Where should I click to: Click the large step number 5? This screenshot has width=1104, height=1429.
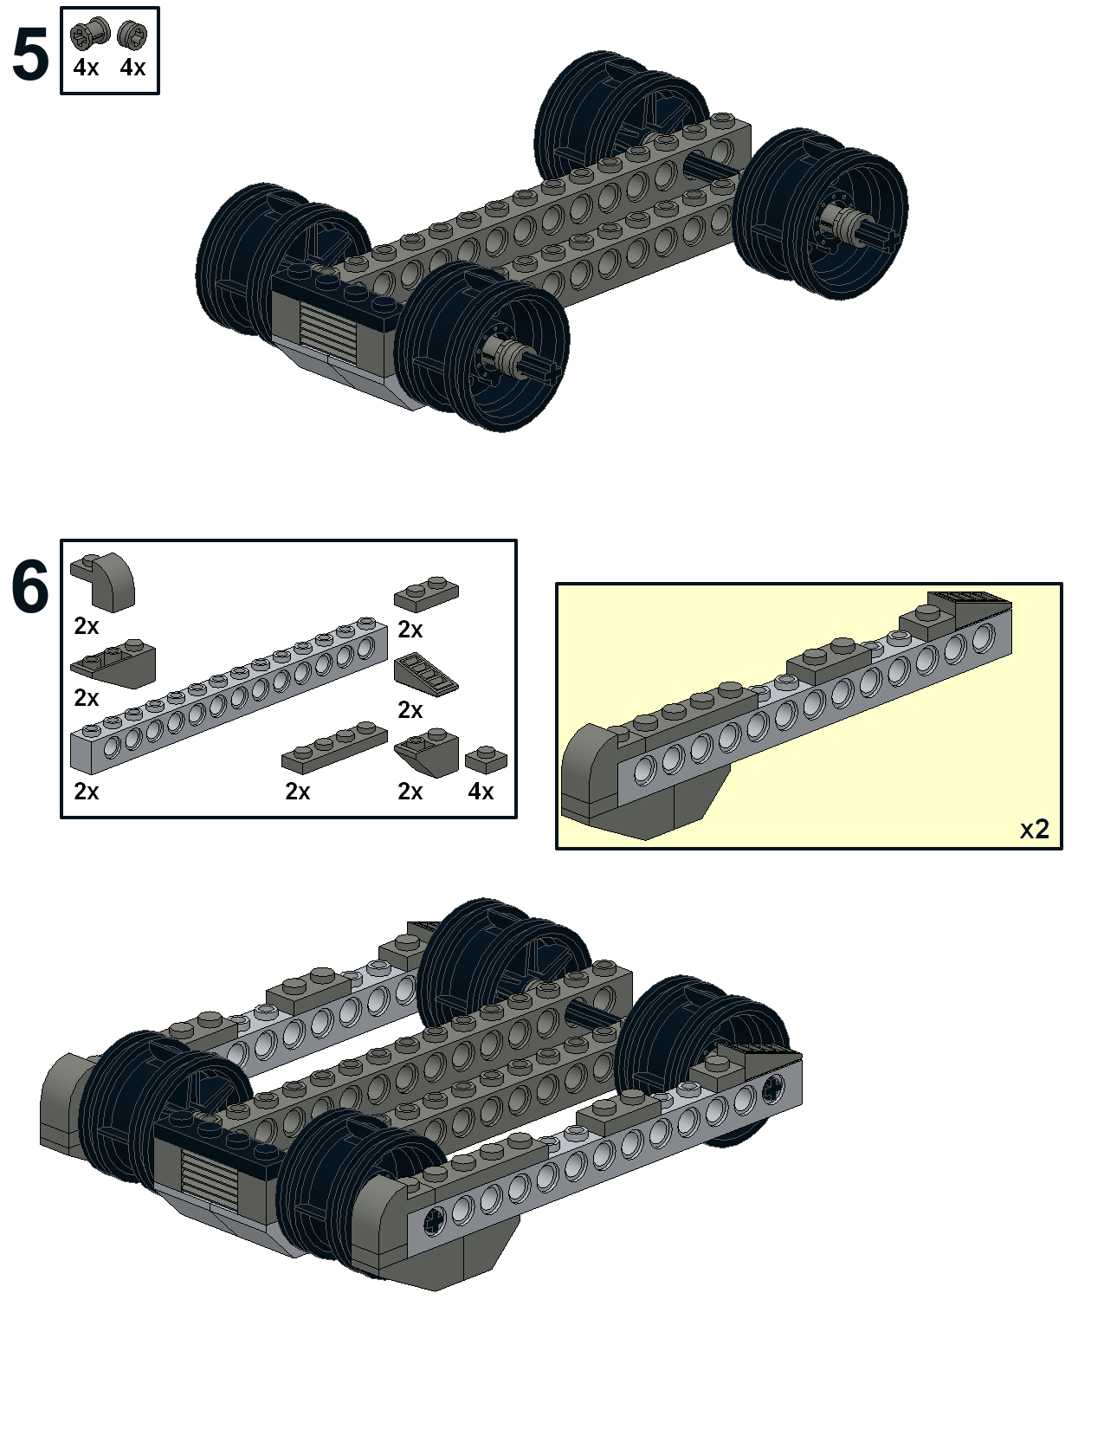pyautogui.click(x=30, y=55)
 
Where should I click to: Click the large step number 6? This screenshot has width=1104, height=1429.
pyautogui.click(x=30, y=586)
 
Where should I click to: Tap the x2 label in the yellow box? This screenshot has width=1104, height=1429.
pyautogui.click(x=1035, y=830)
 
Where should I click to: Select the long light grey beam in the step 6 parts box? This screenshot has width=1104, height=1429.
pyautogui.click(x=229, y=695)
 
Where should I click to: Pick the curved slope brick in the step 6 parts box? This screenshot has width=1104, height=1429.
pyautogui.click(x=102, y=582)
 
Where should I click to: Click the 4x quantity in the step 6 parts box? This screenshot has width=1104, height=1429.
pyautogui.click(x=481, y=791)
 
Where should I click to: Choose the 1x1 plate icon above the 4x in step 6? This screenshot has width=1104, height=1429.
pyautogui.click(x=486, y=760)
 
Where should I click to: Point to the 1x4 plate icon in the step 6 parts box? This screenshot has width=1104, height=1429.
pyautogui.click(x=335, y=747)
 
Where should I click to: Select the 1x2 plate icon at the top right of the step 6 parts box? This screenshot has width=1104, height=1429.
pyautogui.click(x=426, y=594)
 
